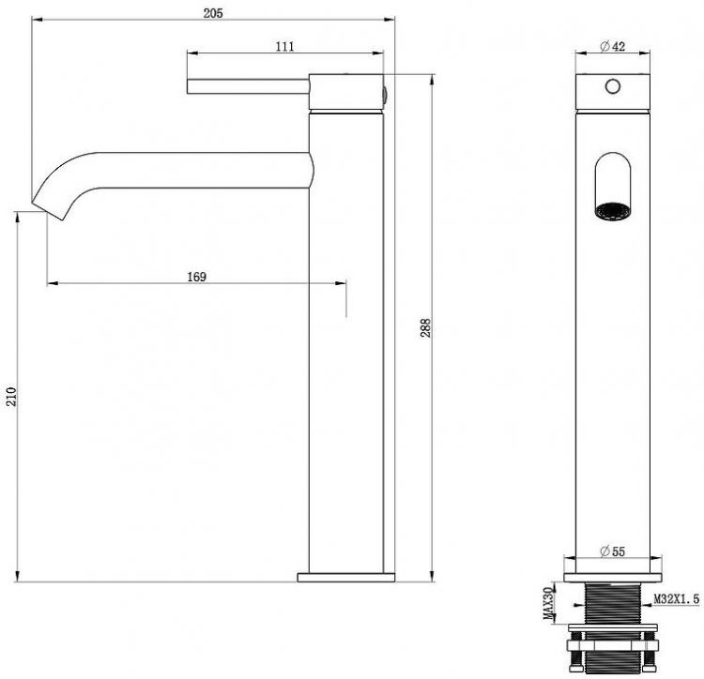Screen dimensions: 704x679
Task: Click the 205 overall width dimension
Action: point(213,13)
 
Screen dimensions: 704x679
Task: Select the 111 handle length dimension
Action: point(285,46)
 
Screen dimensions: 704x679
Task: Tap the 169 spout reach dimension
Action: point(197,277)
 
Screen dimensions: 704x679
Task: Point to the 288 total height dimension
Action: point(425,327)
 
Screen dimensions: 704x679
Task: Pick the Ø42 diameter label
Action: point(612,46)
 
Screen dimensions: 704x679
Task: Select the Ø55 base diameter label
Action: point(612,551)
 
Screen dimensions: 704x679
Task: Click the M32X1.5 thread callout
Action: point(676,598)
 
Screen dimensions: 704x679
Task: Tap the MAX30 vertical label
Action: point(548,603)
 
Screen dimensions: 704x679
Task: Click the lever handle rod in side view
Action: point(248,86)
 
